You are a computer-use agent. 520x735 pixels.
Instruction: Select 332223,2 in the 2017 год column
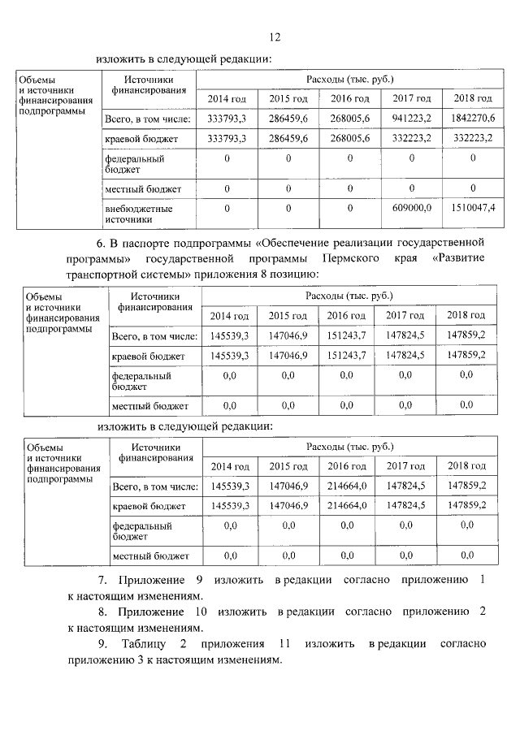tap(412, 139)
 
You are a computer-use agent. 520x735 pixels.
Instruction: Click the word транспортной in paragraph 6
tap(102, 274)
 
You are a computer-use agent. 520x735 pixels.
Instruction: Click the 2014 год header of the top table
tap(227, 98)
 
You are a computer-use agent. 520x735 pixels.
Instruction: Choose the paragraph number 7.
tap(102, 580)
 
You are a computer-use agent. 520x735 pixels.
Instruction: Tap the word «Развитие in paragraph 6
tap(459, 257)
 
